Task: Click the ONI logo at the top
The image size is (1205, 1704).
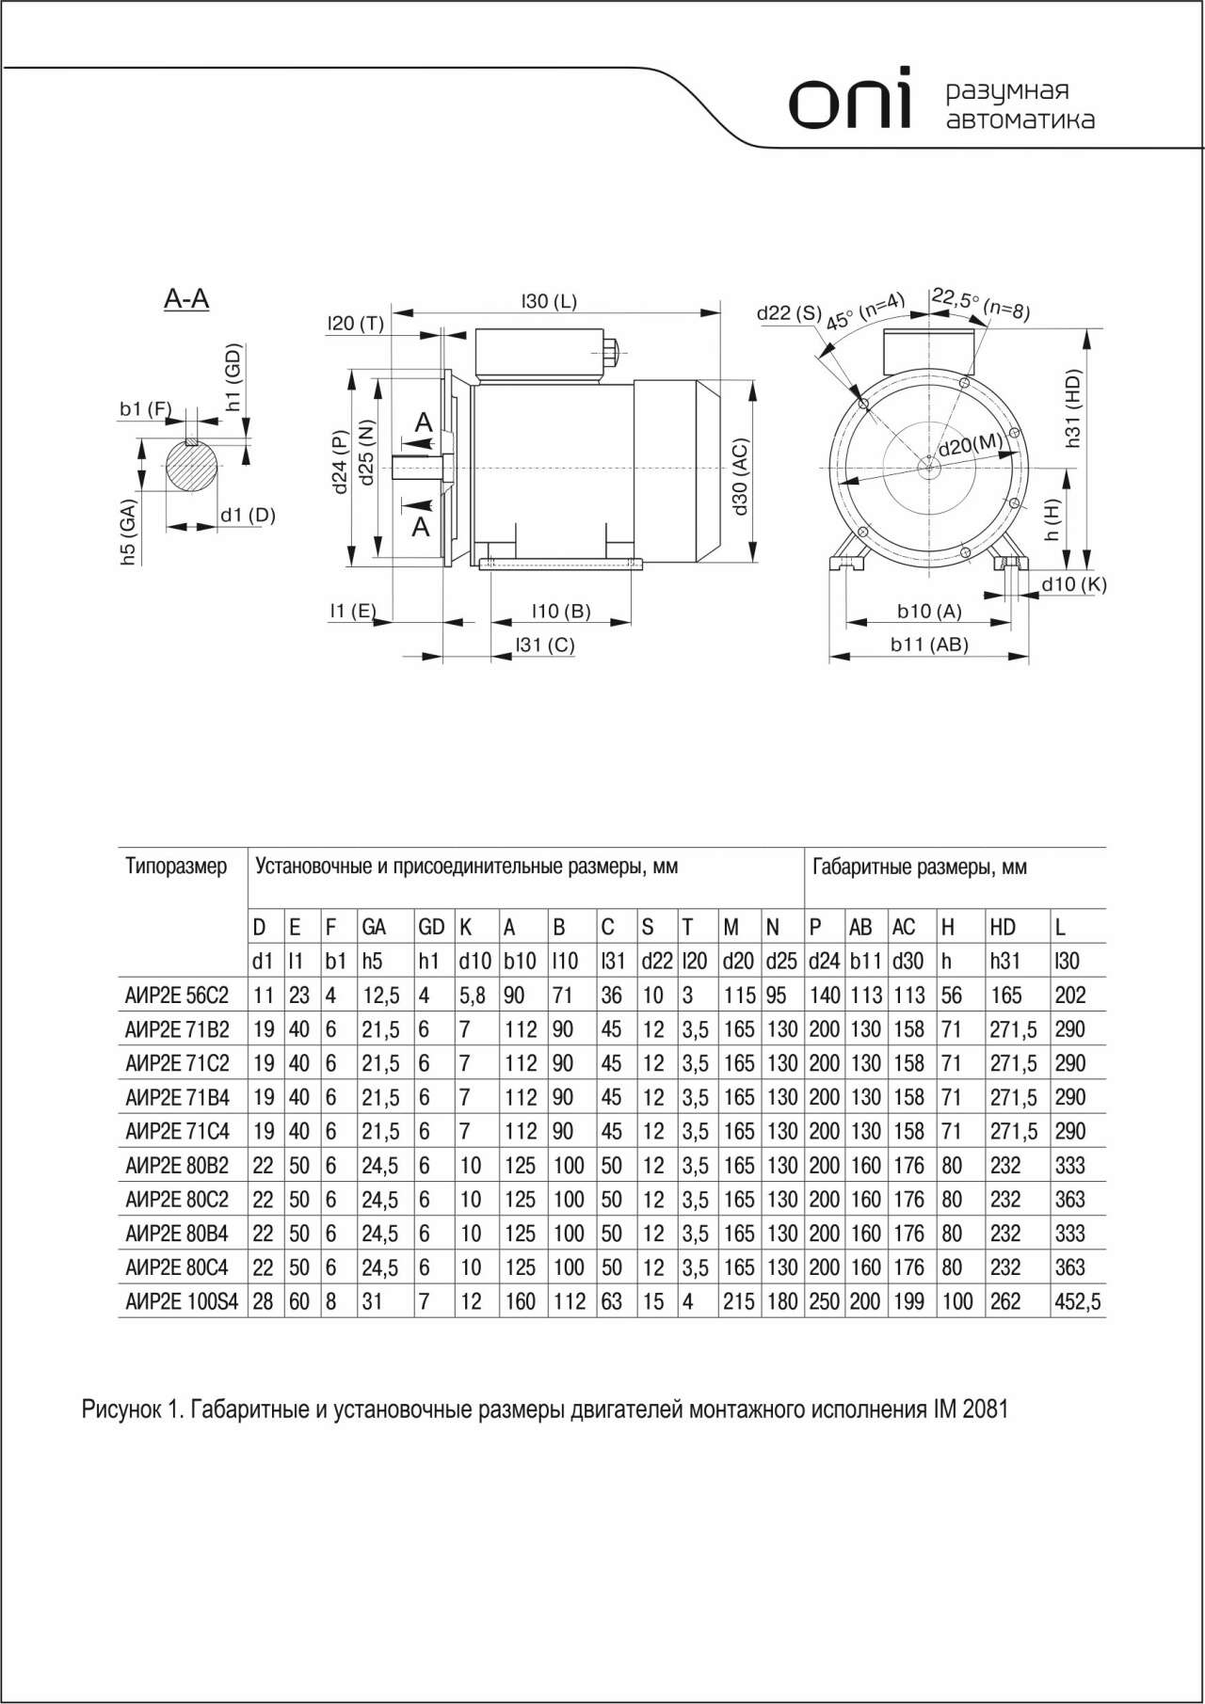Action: (850, 100)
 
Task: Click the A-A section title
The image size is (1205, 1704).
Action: (186, 299)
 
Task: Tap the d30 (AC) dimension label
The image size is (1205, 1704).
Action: (740, 475)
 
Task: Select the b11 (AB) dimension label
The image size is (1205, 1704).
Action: (929, 645)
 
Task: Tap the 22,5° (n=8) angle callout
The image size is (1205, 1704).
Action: (980, 303)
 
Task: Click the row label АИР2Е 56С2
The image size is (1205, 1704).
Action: (177, 995)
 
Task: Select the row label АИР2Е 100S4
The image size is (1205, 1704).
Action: (182, 1301)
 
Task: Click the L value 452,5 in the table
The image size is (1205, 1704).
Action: (1078, 1301)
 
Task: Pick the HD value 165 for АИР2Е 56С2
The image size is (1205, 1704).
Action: (1005, 995)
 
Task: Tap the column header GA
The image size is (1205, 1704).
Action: (374, 927)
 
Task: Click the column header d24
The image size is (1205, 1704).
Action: (824, 961)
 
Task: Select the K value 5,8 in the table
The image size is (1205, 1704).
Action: (472, 995)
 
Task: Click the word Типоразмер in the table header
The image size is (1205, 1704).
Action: (177, 866)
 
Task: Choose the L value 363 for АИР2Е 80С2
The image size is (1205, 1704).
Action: (1070, 1200)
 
